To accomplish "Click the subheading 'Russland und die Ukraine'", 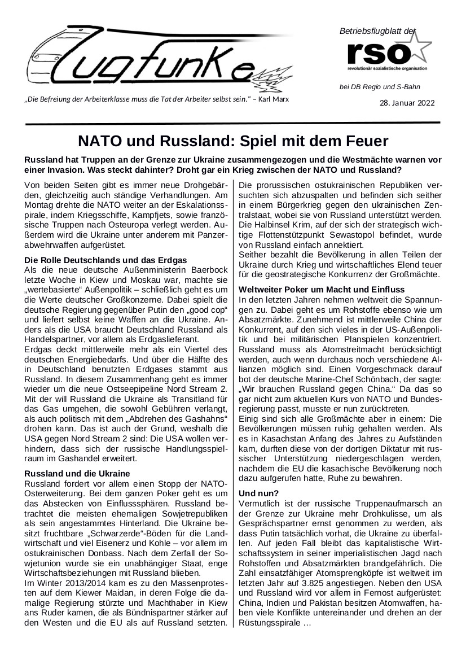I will tap(78, 473).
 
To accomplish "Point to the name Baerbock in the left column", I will tap(209, 270).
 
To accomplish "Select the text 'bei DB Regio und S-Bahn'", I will tap(379, 86).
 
